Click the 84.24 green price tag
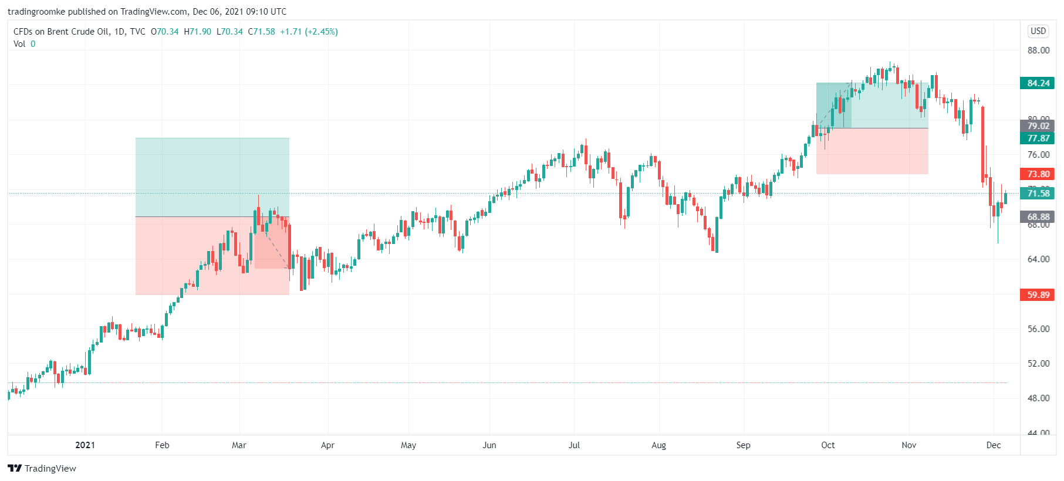click(1038, 83)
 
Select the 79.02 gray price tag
click(1038, 126)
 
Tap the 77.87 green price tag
click(1038, 138)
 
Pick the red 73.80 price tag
click(1038, 174)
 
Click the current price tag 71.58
click(1038, 194)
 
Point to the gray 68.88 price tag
click(1038, 217)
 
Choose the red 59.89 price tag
click(1038, 295)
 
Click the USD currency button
click(1038, 31)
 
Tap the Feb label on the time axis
click(162, 445)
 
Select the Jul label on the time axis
click(574, 445)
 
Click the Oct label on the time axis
click(827, 445)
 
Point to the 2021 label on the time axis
click(85, 445)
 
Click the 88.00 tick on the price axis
click(1038, 50)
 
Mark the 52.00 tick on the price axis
click(1038, 364)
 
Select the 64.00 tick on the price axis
click(1038, 259)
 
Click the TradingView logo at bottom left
click(42, 468)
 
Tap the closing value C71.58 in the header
click(261, 32)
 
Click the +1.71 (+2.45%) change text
click(309, 32)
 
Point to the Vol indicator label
click(19, 44)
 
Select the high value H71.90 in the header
click(197, 32)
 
